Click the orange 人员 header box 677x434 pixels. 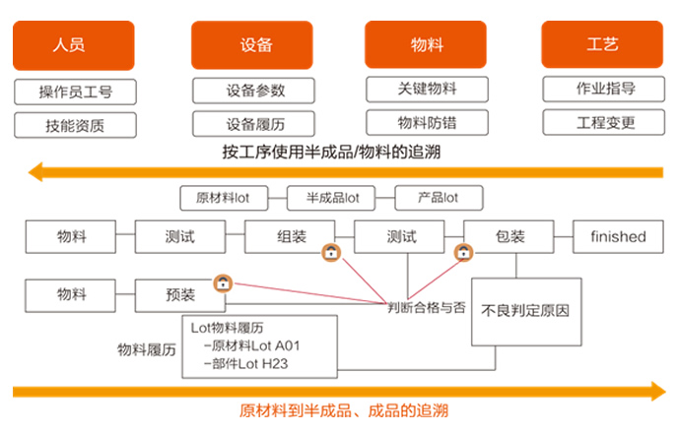tap(73, 45)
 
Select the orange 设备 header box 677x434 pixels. tap(254, 45)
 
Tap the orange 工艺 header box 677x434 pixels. tap(602, 45)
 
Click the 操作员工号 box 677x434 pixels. tap(75, 93)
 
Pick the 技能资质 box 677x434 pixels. tap(75, 125)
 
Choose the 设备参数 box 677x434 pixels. tap(254, 91)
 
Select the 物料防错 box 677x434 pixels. tap(427, 123)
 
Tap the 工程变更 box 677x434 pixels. tap(604, 123)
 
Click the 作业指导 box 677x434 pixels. tap(604, 89)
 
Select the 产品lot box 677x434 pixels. tap(439, 198)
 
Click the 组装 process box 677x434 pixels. tap(290, 237)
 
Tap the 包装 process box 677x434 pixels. tap(508, 237)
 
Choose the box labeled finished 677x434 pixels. tap(618, 237)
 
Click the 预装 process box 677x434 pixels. tap(179, 293)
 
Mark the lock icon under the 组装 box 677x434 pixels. tap(331, 253)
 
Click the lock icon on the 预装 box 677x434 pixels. tap(224, 283)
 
